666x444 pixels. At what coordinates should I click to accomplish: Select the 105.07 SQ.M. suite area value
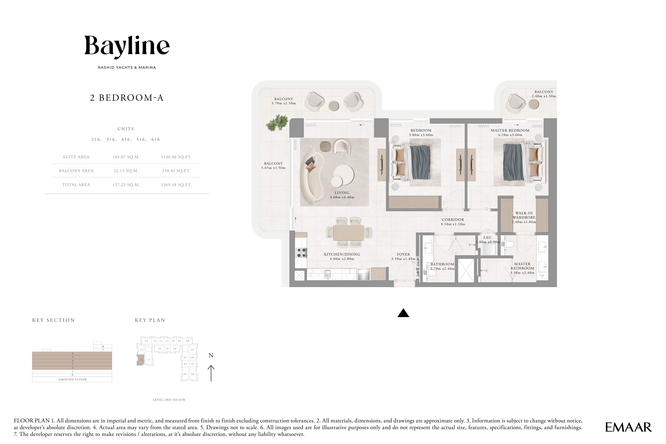point(126,157)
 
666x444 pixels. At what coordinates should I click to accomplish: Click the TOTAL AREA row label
point(76,185)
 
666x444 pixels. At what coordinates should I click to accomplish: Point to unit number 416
point(126,139)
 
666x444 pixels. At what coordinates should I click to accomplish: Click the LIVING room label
point(342,193)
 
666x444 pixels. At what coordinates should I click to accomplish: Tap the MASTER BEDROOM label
point(510,131)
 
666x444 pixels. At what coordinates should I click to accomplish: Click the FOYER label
point(403,254)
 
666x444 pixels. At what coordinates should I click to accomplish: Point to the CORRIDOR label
point(453,219)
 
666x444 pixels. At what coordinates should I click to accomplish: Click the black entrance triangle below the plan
point(403,313)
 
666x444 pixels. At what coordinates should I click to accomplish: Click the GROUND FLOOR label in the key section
point(73,379)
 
